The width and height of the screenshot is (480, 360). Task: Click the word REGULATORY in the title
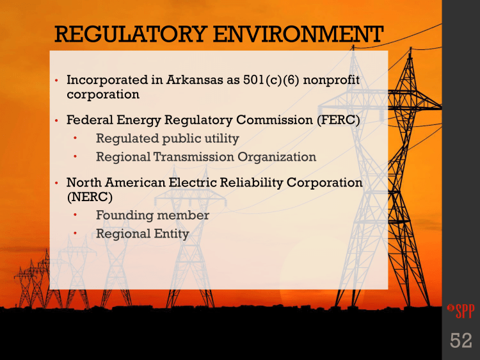click(x=130, y=34)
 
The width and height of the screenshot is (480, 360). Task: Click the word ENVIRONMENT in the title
click(x=298, y=34)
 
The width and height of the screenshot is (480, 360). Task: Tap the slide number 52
click(x=461, y=340)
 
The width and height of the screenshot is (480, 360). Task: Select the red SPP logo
click(x=461, y=311)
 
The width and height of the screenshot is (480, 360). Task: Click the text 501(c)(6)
click(x=271, y=79)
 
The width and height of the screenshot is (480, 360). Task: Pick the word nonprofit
click(x=332, y=80)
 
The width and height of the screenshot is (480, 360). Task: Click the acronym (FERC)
click(x=339, y=120)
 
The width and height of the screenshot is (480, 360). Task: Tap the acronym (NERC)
click(x=90, y=197)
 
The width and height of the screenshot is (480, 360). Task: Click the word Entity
click(x=172, y=234)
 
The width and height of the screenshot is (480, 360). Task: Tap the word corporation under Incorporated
click(x=103, y=95)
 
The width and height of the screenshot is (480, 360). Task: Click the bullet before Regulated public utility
click(x=75, y=138)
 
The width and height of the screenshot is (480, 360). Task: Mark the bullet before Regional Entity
click(x=75, y=233)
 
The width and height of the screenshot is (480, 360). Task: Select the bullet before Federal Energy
click(x=56, y=120)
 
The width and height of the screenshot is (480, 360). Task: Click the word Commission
click(x=275, y=120)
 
